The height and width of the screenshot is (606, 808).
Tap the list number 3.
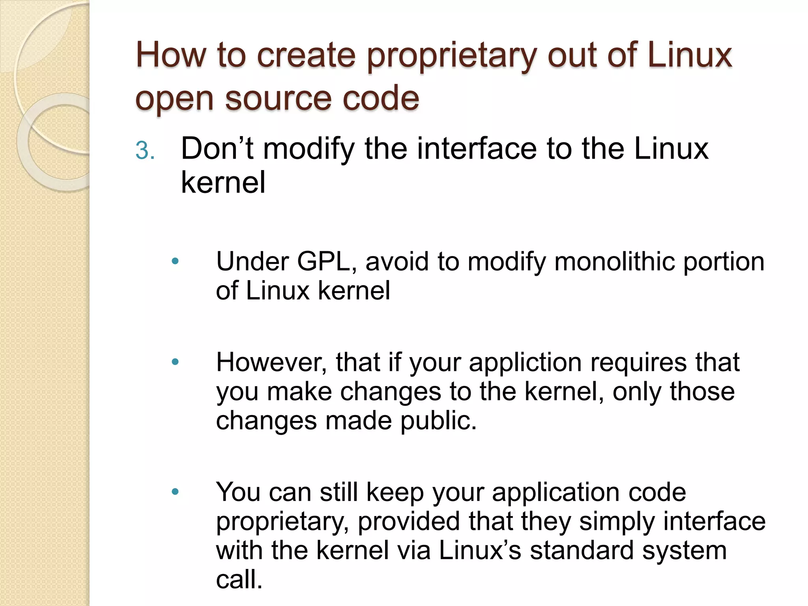[144, 151]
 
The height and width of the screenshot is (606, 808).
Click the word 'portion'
[724, 262]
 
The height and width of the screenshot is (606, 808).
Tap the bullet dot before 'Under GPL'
[176, 261]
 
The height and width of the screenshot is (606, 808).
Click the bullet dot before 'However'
[176, 361]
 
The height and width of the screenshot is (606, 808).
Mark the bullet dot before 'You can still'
[176, 492]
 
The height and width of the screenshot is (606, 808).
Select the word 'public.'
[438, 421]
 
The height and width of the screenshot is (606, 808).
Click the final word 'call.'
[239, 580]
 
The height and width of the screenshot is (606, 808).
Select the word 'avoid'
[397, 262]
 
